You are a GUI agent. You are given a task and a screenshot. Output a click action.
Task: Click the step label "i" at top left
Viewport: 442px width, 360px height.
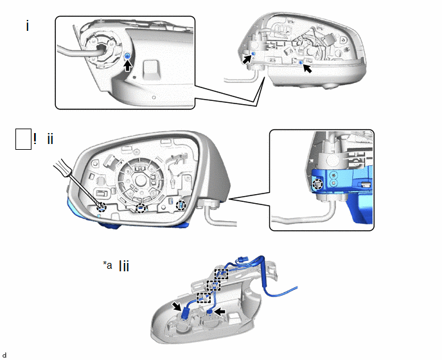pyautogui.click(x=28, y=26)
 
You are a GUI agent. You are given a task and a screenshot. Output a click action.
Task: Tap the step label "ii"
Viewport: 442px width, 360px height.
pyautogui.click(x=50, y=139)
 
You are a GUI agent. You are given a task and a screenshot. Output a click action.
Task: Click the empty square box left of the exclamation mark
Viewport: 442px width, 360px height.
pyautogui.click(x=22, y=139)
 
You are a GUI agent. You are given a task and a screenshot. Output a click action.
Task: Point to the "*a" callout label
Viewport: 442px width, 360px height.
pyautogui.click(x=107, y=265)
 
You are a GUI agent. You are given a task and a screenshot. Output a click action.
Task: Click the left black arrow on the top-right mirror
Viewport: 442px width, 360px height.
pyautogui.click(x=247, y=59)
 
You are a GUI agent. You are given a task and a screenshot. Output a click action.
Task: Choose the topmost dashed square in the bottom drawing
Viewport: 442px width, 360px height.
pyautogui.click(x=221, y=274)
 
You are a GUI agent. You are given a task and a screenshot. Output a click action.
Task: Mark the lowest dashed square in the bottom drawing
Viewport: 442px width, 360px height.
pyautogui.click(x=203, y=298)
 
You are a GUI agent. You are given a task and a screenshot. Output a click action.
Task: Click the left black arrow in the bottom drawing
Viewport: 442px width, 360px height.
pyautogui.click(x=177, y=305)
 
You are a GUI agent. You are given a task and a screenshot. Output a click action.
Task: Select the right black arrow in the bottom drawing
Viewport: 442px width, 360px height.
pyautogui.click(x=222, y=310)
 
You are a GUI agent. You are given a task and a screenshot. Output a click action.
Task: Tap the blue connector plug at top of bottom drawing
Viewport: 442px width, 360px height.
pyautogui.click(x=243, y=261)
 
